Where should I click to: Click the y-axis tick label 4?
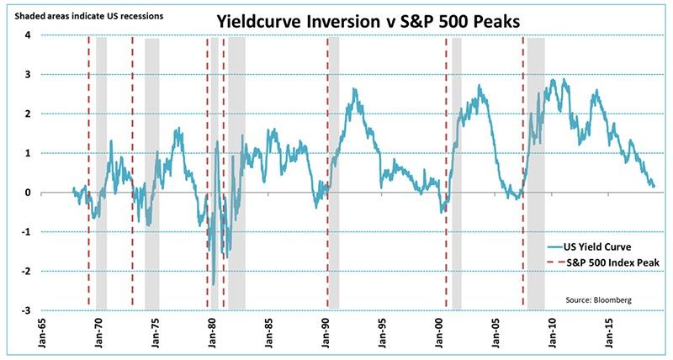pyautogui.click(x=28, y=35)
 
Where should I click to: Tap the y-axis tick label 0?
pyautogui.click(x=28, y=193)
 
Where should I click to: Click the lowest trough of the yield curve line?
pyautogui.click(x=214, y=284)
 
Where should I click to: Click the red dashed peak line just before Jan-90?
pyautogui.click(x=327, y=168)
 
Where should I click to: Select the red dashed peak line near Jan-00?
pyautogui.click(x=445, y=168)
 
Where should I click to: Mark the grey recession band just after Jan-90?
pyautogui.click(x=334, y=168)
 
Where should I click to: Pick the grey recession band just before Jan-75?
pyautogui.click(x=152, y=168)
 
